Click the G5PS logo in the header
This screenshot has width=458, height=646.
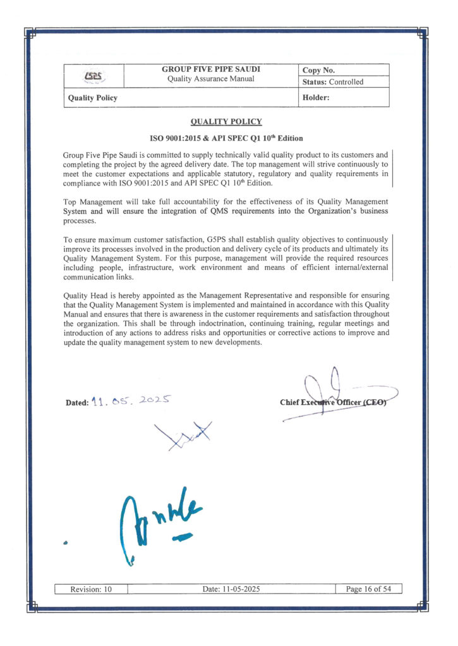pyautogui.click(x=93, y=76)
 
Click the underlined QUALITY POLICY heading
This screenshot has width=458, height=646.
pyautogui.click(x=226, y=122)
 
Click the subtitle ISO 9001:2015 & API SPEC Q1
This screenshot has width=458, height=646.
pyautogui.click(x=226, y=138)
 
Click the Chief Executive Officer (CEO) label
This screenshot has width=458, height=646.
pyautogui.click(x=332, y=402)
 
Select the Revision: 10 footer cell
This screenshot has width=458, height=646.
pyautogui.click(x=91, y=589)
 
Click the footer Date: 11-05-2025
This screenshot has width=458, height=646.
pyautogui.click(x=231, y=589)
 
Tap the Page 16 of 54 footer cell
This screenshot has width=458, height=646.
pyautogui.click(x=369, y=589)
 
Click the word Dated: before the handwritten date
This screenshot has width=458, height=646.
pyautogui.click(x=76, y=403)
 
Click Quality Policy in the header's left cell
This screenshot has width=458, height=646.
pyautogui.click(x=92, y=98)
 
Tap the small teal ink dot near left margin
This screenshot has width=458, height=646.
pyautogui.click(x=66, y=543)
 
